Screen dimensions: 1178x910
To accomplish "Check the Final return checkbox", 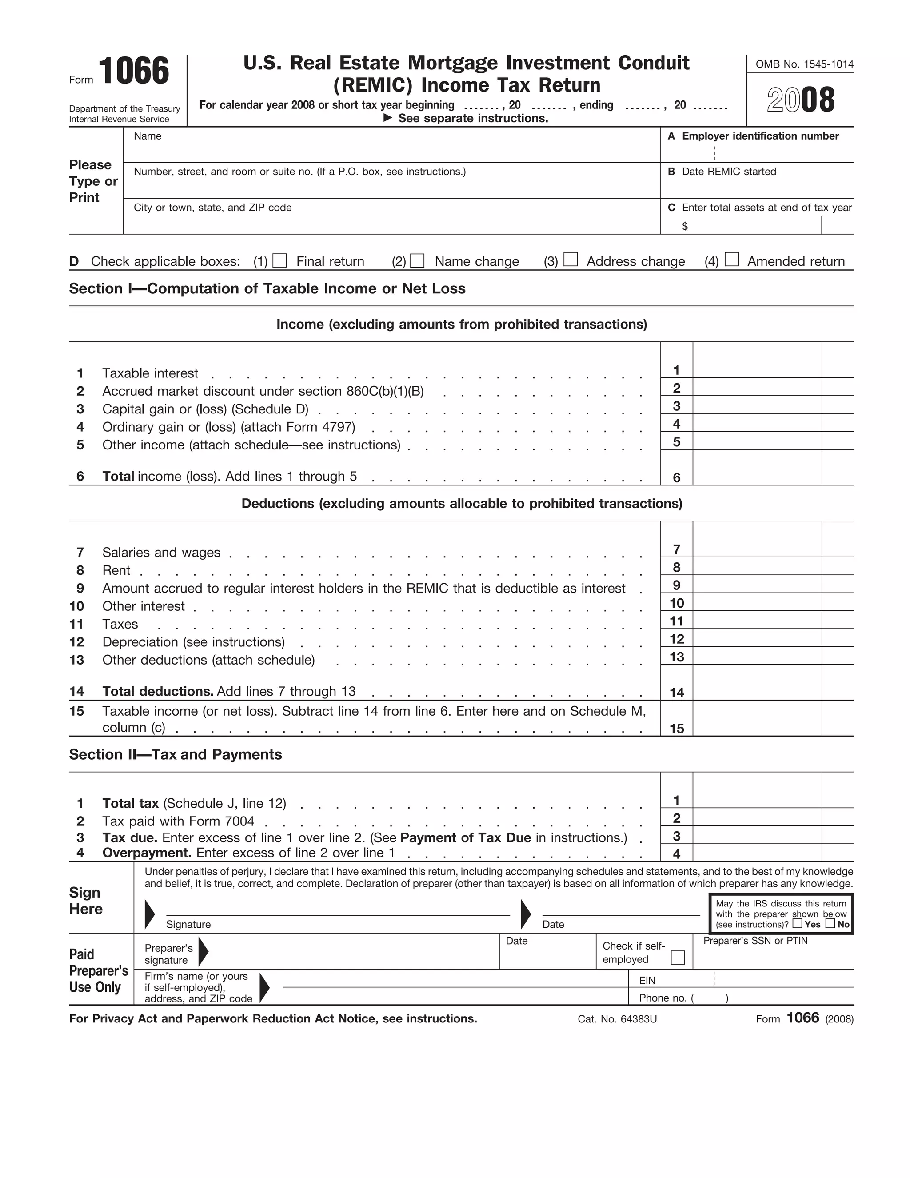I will pos(279,260).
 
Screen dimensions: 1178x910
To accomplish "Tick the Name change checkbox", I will pos(417,260).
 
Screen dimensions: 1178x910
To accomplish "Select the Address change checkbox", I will pos(571,260).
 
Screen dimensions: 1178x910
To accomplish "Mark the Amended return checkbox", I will pos(731,260).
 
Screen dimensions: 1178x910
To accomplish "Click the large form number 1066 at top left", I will pos(134,71).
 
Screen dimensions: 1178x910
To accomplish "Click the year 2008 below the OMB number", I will pos(801,100).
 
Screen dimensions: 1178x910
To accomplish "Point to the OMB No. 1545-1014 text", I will pos(804,64).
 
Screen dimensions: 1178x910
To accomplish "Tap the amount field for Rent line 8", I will pos(756,566).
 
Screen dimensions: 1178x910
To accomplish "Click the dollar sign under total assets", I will pos(685,227).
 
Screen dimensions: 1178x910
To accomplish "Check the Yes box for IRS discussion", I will pos(797,923).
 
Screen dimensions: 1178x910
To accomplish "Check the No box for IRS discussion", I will pos(830,923).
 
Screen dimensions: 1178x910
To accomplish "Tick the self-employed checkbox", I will pos(678,958).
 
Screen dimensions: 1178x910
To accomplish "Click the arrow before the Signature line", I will pos(149,914).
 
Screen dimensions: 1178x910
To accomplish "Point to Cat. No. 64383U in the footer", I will pos(617,1019).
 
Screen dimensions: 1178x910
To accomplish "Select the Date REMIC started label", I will pos(728,172).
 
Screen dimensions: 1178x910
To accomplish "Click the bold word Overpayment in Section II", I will pos(147,853).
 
